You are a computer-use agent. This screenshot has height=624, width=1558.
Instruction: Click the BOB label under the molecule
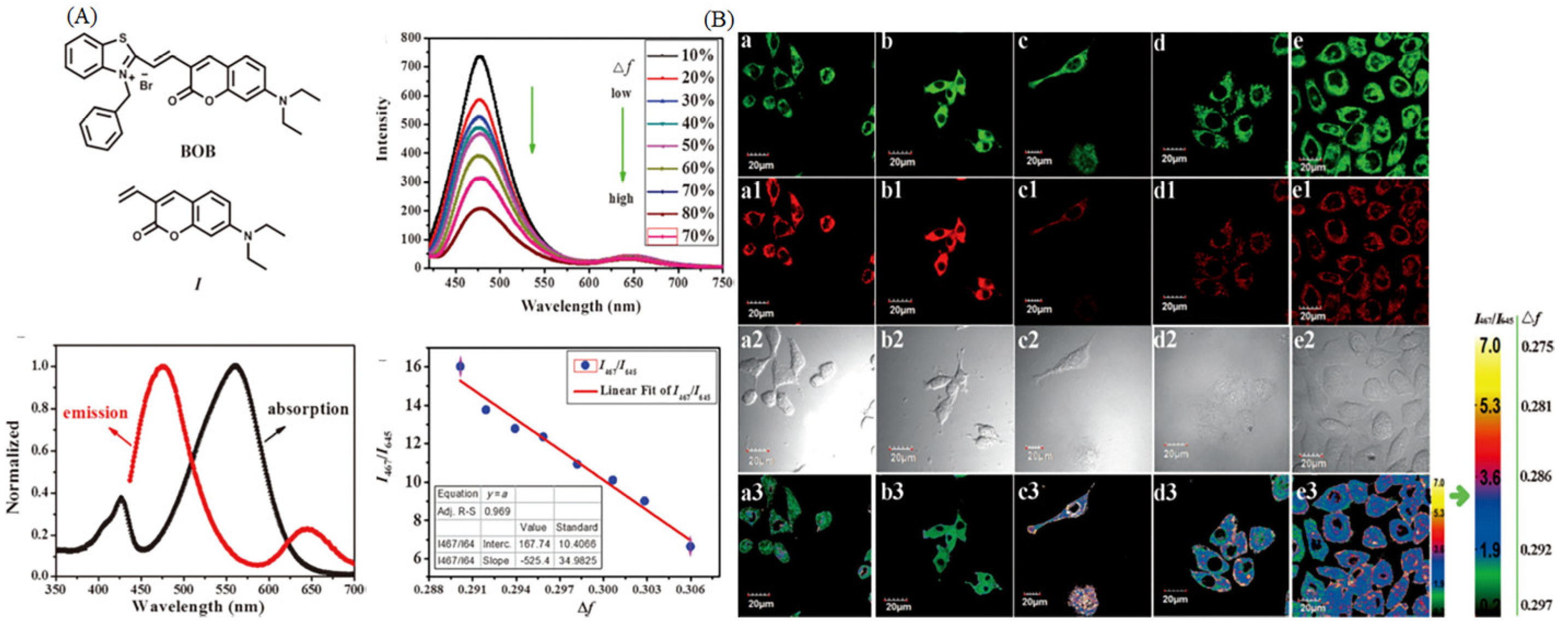(x=198, y=151)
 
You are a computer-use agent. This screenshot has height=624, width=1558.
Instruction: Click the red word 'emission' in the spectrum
(x=96, y=413)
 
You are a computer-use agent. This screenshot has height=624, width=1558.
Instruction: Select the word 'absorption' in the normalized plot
(x=308, y=409)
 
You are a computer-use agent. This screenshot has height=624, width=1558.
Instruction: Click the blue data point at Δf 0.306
(x=690, y=546)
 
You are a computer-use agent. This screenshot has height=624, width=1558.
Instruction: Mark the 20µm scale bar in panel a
(x=760, y=158)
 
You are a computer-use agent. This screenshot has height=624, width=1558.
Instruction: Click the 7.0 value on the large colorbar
(x=1490, y=346)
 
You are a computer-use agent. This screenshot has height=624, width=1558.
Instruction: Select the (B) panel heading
(x=718, y=20)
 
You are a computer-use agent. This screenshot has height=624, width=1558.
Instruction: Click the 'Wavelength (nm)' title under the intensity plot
(x=580, y=305)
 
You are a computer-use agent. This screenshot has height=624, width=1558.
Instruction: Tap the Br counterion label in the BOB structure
(x=146, y=85)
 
